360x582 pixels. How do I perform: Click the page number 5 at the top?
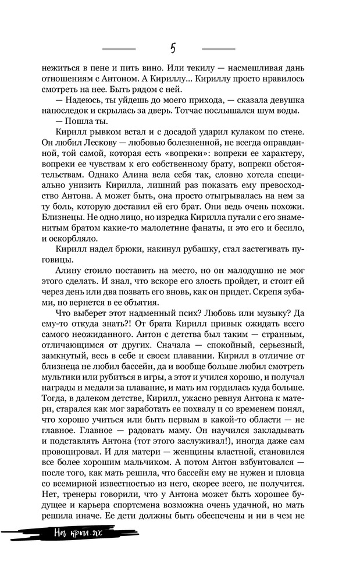tap(173, 48)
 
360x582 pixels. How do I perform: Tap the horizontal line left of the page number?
tap(119, 48)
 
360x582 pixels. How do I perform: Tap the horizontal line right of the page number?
tap(219, 48)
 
